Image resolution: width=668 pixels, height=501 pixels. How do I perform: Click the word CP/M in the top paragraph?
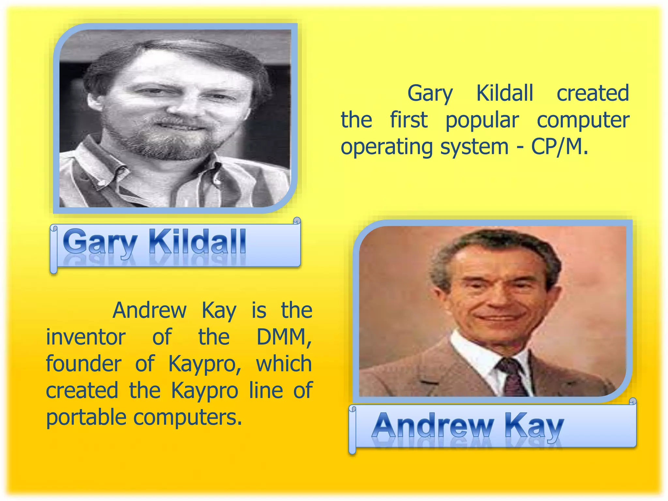click(x=559, y=147)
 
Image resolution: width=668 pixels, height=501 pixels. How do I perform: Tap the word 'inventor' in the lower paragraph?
click(x=85, y=337)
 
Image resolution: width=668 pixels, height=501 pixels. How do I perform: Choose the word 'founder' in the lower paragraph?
click(x=83, y=364)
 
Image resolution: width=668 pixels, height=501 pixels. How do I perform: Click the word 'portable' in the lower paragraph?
click(x=86, y=417)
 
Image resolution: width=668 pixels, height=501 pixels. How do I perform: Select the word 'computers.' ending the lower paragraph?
click(x=188, y=417)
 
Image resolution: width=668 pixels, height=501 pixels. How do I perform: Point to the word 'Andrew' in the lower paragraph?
click(x=149, y=310)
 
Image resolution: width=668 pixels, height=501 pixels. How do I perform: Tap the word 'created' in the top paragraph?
click(x=592, y=93)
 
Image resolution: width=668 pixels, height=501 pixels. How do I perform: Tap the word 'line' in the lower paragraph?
click(x=266, y=390)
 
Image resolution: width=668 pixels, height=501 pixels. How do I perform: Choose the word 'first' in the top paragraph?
click(x=408, y=120)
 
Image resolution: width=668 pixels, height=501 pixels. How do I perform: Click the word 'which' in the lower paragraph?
click(x=284, y=364)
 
